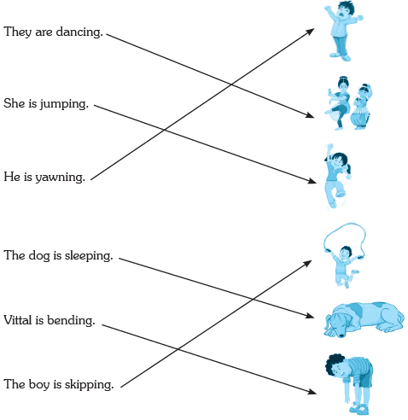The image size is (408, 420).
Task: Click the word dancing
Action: coord(79,32)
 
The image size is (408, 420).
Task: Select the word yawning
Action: coord(60,178)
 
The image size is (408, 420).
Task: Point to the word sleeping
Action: coord(89,256)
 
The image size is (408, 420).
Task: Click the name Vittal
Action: coord(18,320)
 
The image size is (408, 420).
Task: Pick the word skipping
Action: coord(89,385)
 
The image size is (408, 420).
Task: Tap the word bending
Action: coord(71,320)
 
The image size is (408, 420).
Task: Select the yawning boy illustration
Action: coord(343,31)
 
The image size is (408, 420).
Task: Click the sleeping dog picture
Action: coord(364,320)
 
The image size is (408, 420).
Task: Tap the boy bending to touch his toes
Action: coord(349,384)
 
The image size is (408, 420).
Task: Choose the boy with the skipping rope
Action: coord(345,255)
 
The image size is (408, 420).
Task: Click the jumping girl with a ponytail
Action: coord(338,177)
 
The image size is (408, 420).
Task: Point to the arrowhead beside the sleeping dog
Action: coord(310,316)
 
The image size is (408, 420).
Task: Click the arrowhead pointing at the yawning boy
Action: coord(310,31)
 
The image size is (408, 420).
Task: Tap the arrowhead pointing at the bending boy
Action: coord(312,392)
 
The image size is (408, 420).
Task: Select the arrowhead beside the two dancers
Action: coord(310,115)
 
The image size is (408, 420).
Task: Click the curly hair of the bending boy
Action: coord(333,365)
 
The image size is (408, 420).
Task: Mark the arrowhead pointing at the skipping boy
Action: coord(308,263)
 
